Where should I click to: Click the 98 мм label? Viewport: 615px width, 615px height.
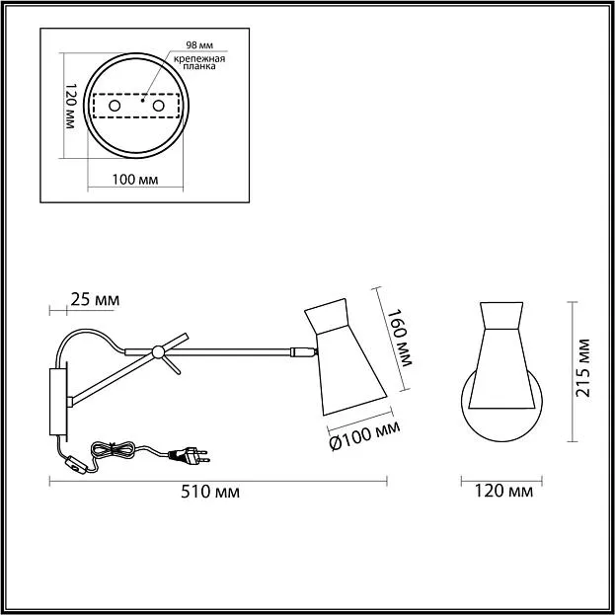(199, 45)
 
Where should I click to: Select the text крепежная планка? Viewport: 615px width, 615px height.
(199, 62)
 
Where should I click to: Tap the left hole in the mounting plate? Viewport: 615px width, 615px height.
(115, 106)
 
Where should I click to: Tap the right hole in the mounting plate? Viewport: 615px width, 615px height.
(159, 106)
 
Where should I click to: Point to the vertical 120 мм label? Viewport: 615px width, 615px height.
(70, 106)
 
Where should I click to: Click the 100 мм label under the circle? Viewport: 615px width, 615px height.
(135, 180)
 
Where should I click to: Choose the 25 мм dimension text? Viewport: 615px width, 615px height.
(95, 300)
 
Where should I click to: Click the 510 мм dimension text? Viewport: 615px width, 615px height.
(210, 492)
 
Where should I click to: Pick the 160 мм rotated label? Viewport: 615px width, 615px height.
(400, 338)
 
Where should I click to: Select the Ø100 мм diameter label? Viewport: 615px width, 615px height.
(364, 435)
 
